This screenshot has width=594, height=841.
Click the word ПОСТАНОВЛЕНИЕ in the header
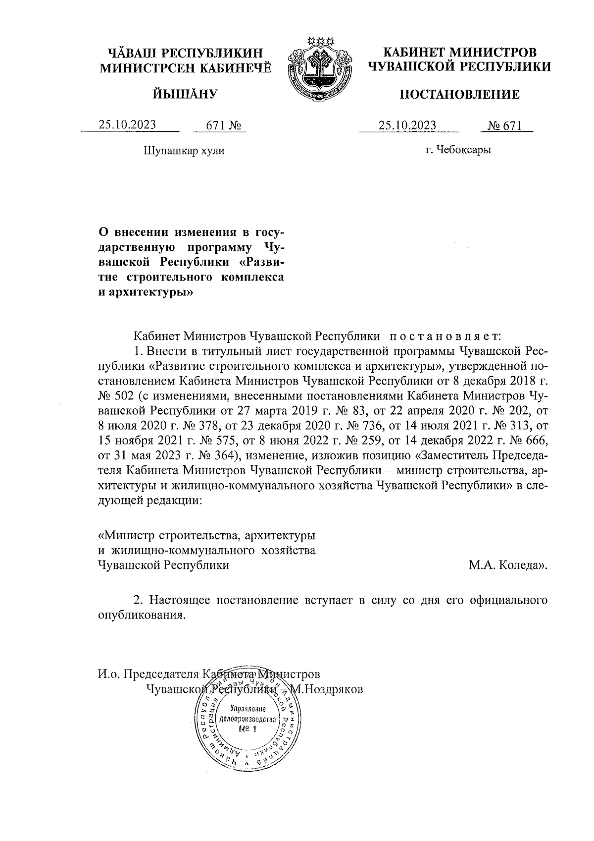(x=460, y=94)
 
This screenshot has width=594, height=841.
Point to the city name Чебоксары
(x=465, y=150)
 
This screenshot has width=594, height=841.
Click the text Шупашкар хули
(x=184, y=150)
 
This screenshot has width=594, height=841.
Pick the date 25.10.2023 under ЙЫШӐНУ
(x=127, y=125)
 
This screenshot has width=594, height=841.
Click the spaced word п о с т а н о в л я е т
(x=445, y=336)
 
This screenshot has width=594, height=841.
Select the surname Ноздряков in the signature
(x=334, y=689)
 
